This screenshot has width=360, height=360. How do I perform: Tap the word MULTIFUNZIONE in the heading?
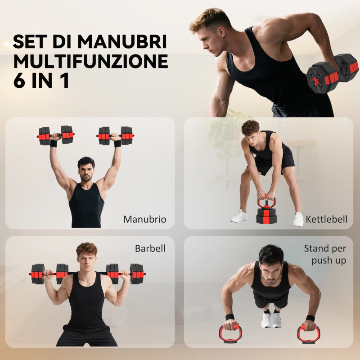[x=90, y=62]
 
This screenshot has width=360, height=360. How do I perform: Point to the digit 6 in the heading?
[x=20, y=81]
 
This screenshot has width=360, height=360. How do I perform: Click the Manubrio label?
[x=144, y=220]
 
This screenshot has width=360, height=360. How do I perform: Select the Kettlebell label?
[x=327, y=220]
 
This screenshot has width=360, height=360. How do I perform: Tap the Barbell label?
[x=150, y=248]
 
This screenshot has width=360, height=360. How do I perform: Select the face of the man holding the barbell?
[x=87, y=260]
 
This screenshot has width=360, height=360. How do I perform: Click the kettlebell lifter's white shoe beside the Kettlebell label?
[x=298, y=220]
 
